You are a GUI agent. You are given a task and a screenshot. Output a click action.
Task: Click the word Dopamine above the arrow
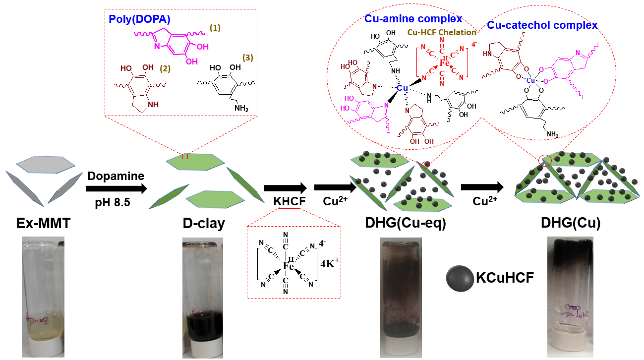click(116, 176)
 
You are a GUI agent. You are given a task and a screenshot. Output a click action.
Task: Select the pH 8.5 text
click(116, 203)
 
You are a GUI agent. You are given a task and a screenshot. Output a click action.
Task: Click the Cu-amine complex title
click(413, 19)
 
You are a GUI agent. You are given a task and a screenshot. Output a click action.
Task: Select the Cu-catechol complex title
click(542, 25)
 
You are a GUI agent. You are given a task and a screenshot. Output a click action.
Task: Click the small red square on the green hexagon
click(185, 157)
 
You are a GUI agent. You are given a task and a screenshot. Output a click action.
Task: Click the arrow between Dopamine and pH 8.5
click(117, 189)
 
